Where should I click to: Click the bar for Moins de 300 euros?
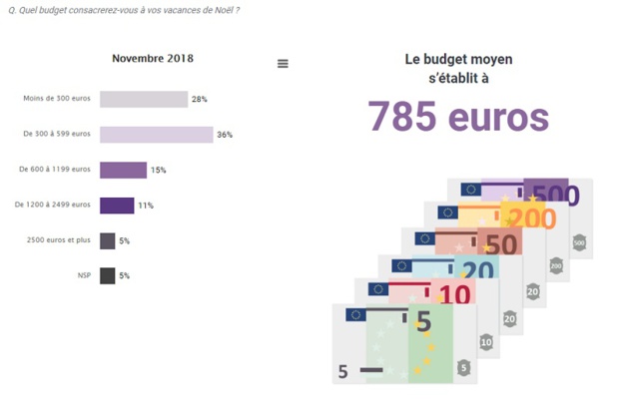coord(144,99)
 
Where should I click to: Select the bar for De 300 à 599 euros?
coord(156,135)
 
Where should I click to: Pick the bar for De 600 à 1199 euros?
coord(123,171)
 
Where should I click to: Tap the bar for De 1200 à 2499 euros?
coord(117,206)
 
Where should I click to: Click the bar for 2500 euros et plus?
coord(107,240)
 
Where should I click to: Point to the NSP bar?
coord(107,275)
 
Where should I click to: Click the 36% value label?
coord(225,135)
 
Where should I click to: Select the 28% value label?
coord(199,100)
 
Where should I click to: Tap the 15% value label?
coord(158,171)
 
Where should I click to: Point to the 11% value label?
coord(146,206)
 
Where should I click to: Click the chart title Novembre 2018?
coord(153,58)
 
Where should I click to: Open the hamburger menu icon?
coord(283,64)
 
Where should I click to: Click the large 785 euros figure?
coord(458,117)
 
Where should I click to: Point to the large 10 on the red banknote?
coord(454,294)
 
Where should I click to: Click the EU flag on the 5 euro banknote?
coord(355,315)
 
